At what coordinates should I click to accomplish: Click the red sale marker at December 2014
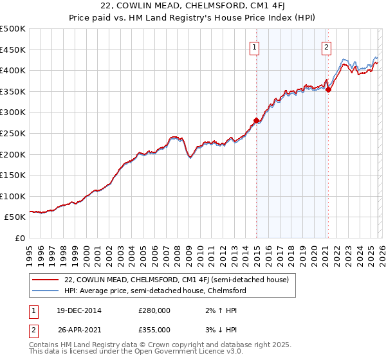point(256,120)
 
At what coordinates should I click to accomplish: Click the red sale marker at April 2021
point(328,89)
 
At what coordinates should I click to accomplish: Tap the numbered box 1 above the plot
point(255,47)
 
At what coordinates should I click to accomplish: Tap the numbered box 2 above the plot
point(327,47)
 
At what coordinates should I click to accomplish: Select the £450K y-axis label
point(14,50)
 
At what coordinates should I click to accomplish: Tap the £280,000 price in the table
point(154,310)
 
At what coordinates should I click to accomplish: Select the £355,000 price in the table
point(154,329)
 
